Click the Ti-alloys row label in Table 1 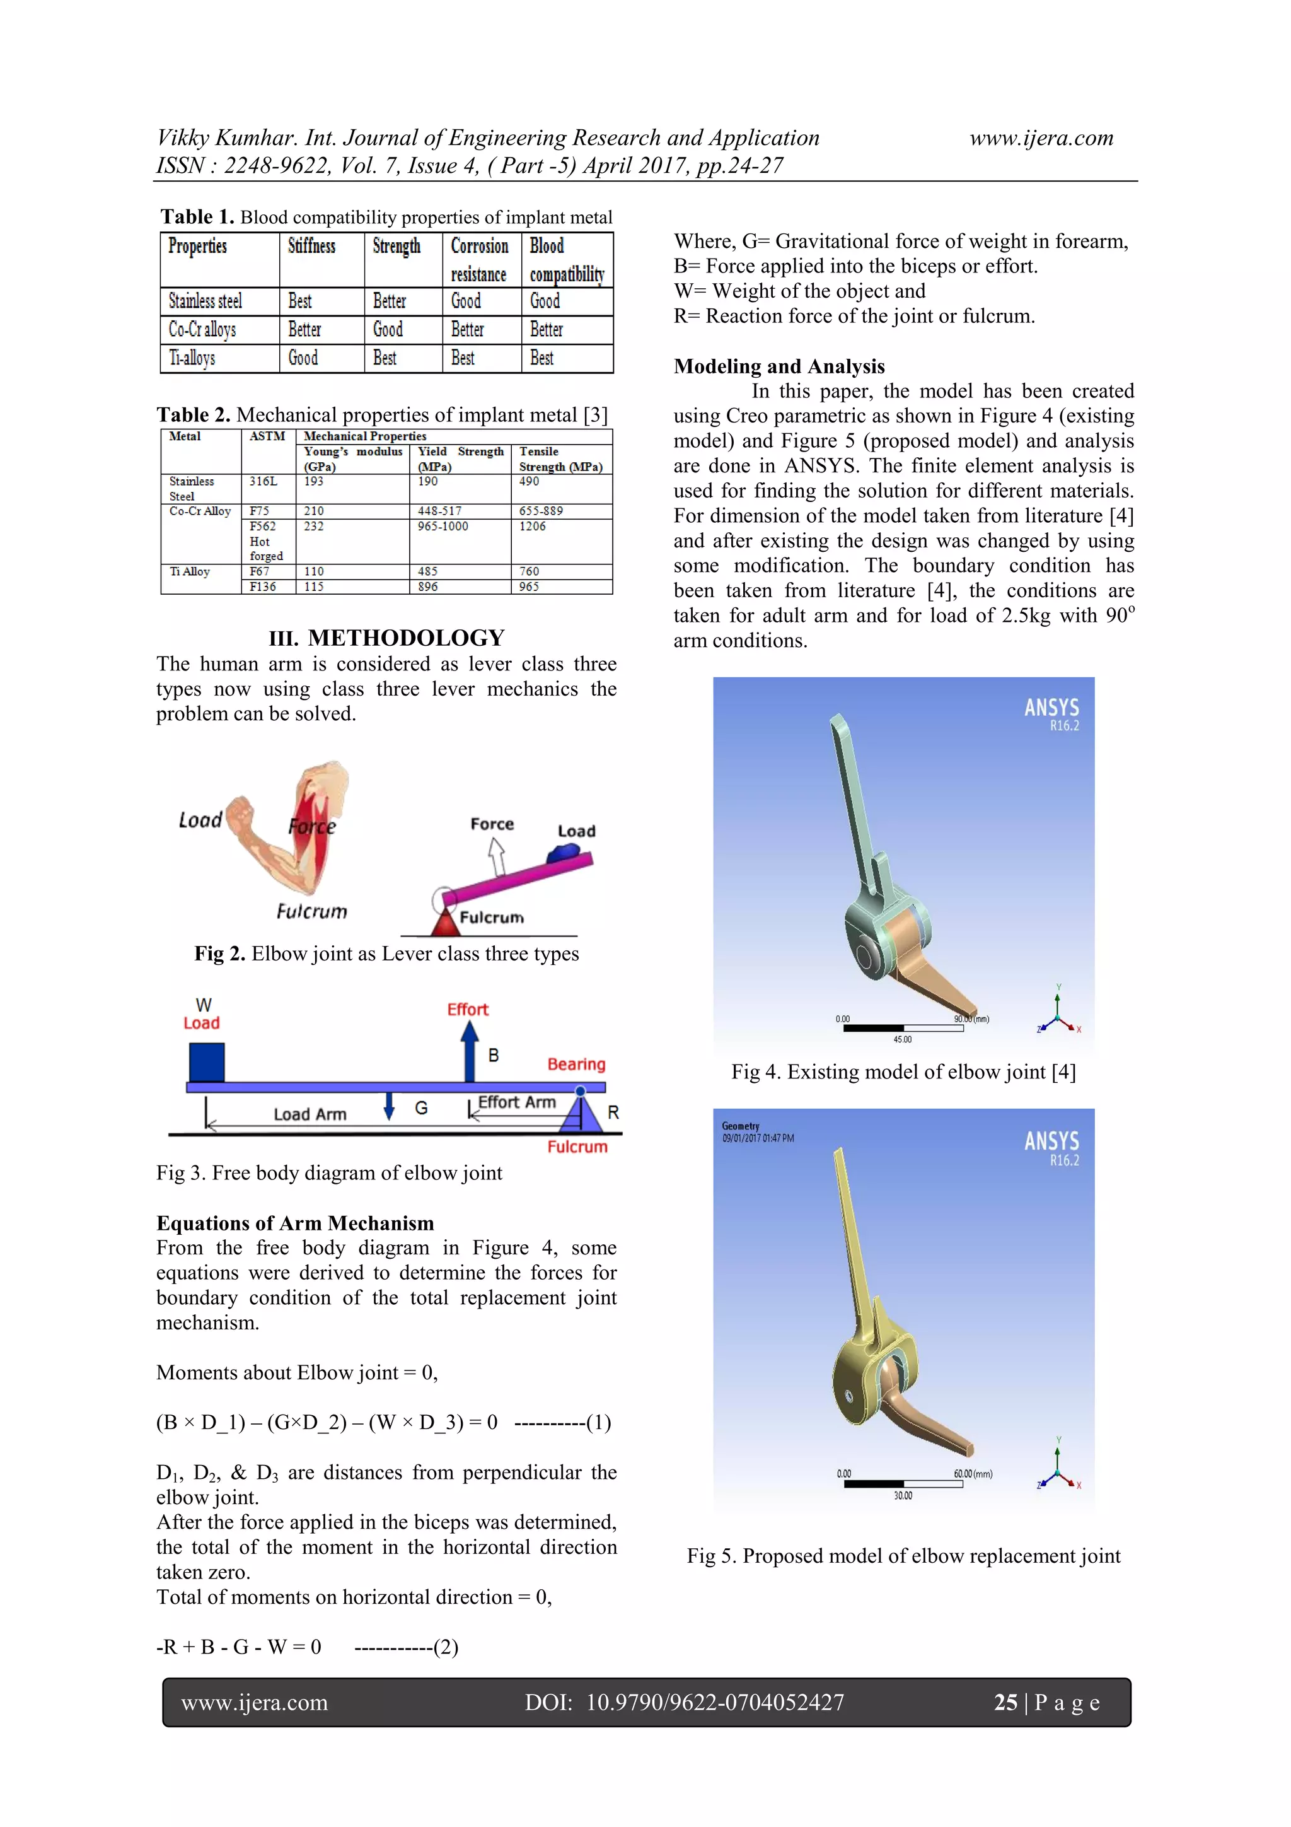tap(192, 358)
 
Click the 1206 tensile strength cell tap(532, 526)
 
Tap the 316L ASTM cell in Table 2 tap(263, 481)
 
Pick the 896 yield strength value tap(428, 587)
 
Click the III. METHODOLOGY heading tap(386, 638)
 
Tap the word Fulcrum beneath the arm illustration tap(312, 911)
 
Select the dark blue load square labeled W tap(207, 1062)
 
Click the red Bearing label tap(576, 1064)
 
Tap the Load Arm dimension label tap(310, 1114)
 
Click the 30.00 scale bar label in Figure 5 tap(903, 1495)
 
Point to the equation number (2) tap(446, 1647)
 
